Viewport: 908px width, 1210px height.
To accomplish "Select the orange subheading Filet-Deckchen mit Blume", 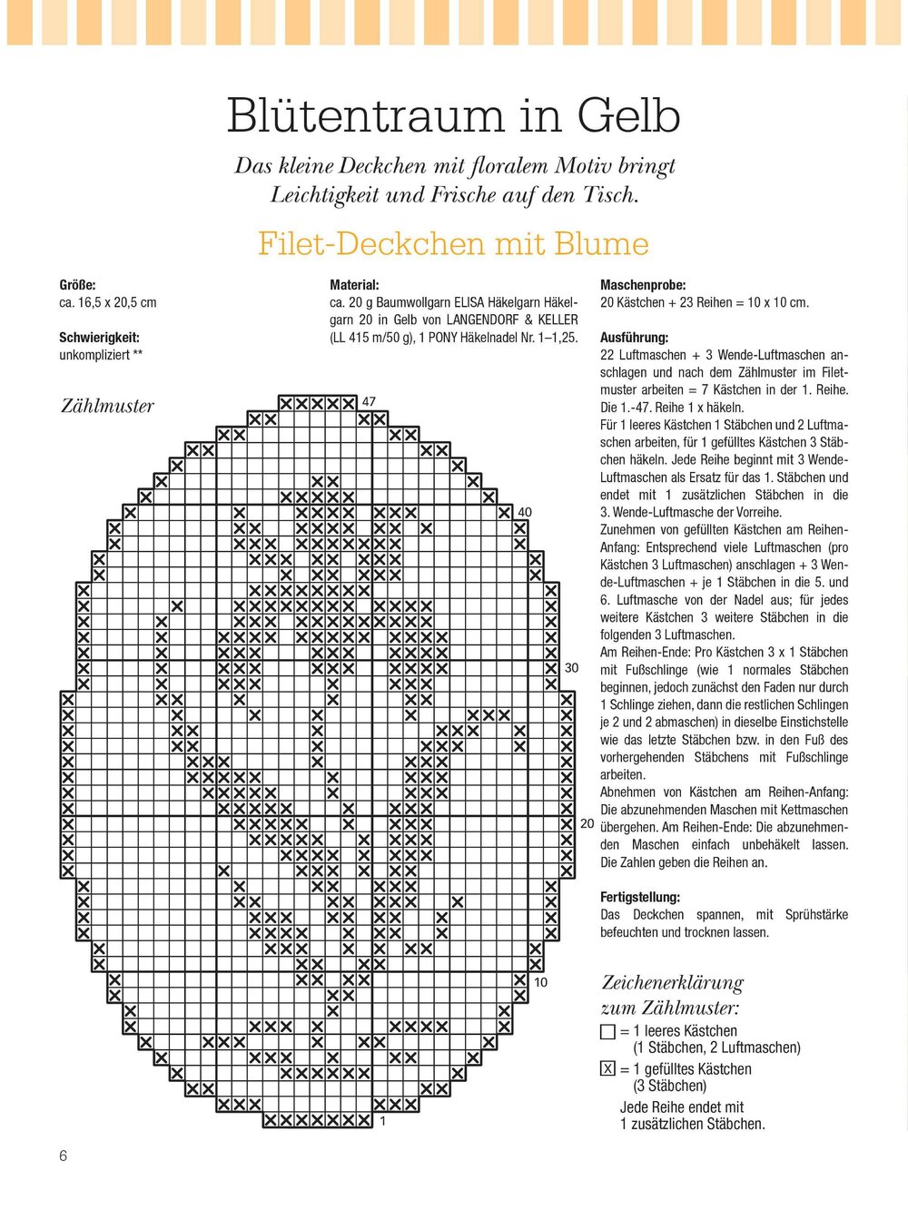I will tap(453, 243).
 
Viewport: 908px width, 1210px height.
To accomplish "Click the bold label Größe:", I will tap(77, 285).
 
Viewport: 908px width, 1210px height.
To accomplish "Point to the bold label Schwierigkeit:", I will tap(99, 338).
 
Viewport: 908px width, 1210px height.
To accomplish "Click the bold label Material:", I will tap(354, 285).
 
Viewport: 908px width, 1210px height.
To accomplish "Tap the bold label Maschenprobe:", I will tap(643, 285).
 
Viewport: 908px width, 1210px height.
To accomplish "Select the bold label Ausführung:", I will tap(634, 338).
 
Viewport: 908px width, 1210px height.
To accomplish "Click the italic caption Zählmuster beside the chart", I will tap(107, 406).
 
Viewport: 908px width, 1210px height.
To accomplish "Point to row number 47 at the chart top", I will tap(369, 401).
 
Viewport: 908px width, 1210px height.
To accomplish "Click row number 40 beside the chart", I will tap(524, 513).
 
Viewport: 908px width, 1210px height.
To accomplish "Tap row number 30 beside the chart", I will tap(571, 668).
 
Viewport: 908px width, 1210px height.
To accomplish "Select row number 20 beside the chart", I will tap(587, 823).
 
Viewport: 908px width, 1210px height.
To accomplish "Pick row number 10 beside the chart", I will tap(540, 982).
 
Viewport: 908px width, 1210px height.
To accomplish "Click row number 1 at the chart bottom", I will tap(383, 1122).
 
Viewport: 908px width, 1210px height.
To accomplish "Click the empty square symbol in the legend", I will tap(608, 1032).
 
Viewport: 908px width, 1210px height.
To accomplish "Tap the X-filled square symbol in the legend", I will tap(608, 1069).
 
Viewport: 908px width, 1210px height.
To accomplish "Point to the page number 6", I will tap(64, 1156).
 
